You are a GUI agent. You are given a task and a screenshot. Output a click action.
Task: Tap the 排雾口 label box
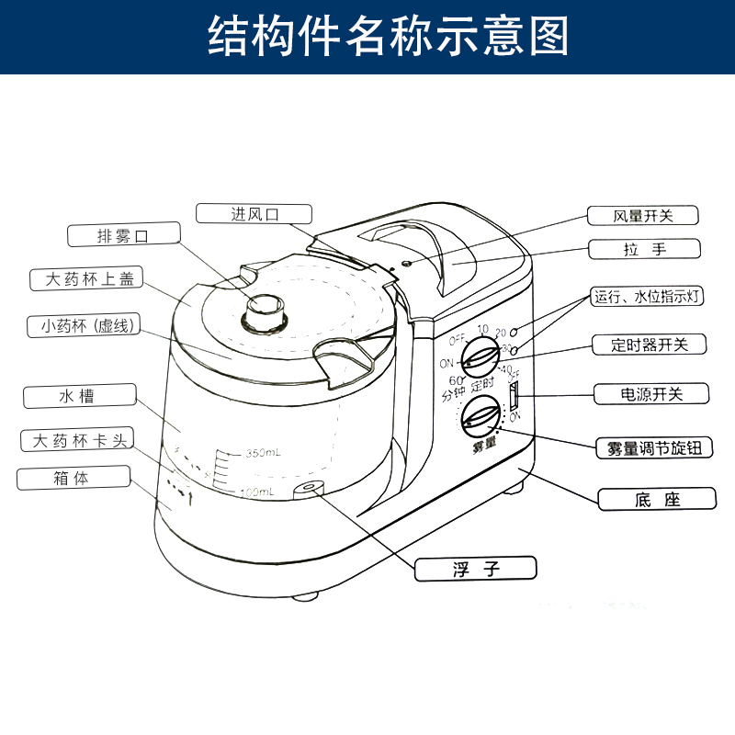pyautogui.click(x=122, y=236)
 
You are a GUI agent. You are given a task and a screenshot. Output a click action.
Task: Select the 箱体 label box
pyautogui.click(x=73, y=479)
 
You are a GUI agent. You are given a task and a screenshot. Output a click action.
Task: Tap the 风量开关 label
pyautogui.click(x=643, y=216)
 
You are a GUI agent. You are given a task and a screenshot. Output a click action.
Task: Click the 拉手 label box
pyautogui.click(x=643, y=249)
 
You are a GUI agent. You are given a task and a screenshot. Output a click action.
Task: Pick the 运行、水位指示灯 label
pyautogui.click(x=649, y=297)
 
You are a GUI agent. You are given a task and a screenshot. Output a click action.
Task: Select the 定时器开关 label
pyautogui.click(x=649, y=345)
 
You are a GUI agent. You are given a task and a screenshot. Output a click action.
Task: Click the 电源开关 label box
pyautogui.click(x=651, y=394)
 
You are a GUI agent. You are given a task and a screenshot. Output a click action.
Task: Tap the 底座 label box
pyautogui.click(x=656, y=500)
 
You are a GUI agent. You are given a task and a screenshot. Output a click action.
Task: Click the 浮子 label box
pyautogui.click(x=475, y=569)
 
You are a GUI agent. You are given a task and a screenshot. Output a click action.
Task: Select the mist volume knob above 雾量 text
pyautogui.click(x=481, y=418)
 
